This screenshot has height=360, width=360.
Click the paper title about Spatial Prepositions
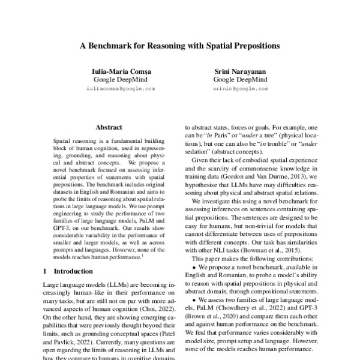[180, 46]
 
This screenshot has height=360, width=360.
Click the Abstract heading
[109, 127]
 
